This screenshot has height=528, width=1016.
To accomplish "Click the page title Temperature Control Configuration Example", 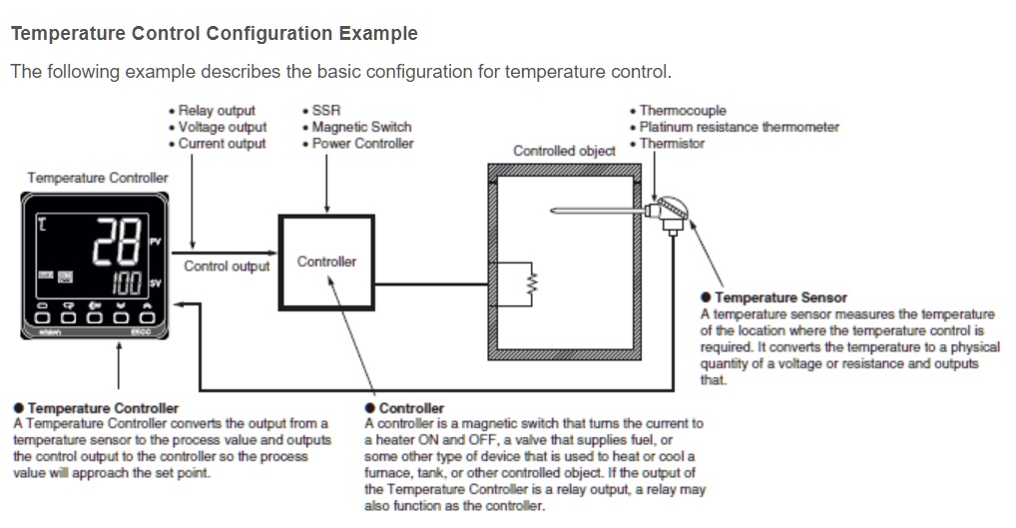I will (214, 34).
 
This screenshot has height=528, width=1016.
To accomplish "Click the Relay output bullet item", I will (217, 111).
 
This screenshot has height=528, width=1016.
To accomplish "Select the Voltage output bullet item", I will (223, 127).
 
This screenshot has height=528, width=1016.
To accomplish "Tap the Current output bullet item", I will (222, 144).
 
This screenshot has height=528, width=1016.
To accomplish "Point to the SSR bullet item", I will (326, 111).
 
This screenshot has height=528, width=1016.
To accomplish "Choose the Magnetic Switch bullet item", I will (360, 127).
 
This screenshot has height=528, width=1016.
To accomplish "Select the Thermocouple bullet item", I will (683, 111).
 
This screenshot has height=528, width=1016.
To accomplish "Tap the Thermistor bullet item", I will (672, 144).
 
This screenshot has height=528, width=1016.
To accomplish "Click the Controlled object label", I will (564, 151).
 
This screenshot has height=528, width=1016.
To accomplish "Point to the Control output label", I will (227, 266).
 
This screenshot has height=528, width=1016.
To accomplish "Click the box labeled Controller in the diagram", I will (326, 262).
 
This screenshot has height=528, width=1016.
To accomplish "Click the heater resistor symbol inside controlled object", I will (531, 282).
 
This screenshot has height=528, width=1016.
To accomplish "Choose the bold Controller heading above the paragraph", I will (411, 408).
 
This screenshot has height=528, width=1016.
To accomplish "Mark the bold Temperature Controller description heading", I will (103, 408).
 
